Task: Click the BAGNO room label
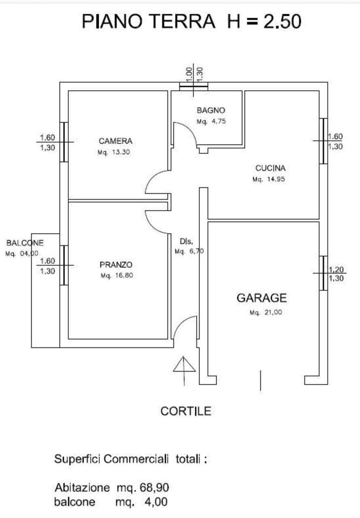coord(211,110)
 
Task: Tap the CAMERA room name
coord(115,141)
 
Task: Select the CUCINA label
coord(270,168)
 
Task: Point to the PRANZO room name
coord(116,265)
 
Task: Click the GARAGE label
coord(262,298)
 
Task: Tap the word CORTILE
coord(186,412)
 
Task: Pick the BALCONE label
coord(25,243)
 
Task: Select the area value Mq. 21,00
coord(266,312)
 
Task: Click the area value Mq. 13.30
coord(114,152)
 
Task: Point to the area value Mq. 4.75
coord(211,121)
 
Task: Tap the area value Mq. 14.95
coord(268,179)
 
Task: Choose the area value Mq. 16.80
coord(117,276)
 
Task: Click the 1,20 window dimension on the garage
coord(336,270)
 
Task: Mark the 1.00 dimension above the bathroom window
coord(189,74)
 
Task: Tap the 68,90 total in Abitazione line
coord(154,488)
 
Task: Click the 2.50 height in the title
coord(282,21)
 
